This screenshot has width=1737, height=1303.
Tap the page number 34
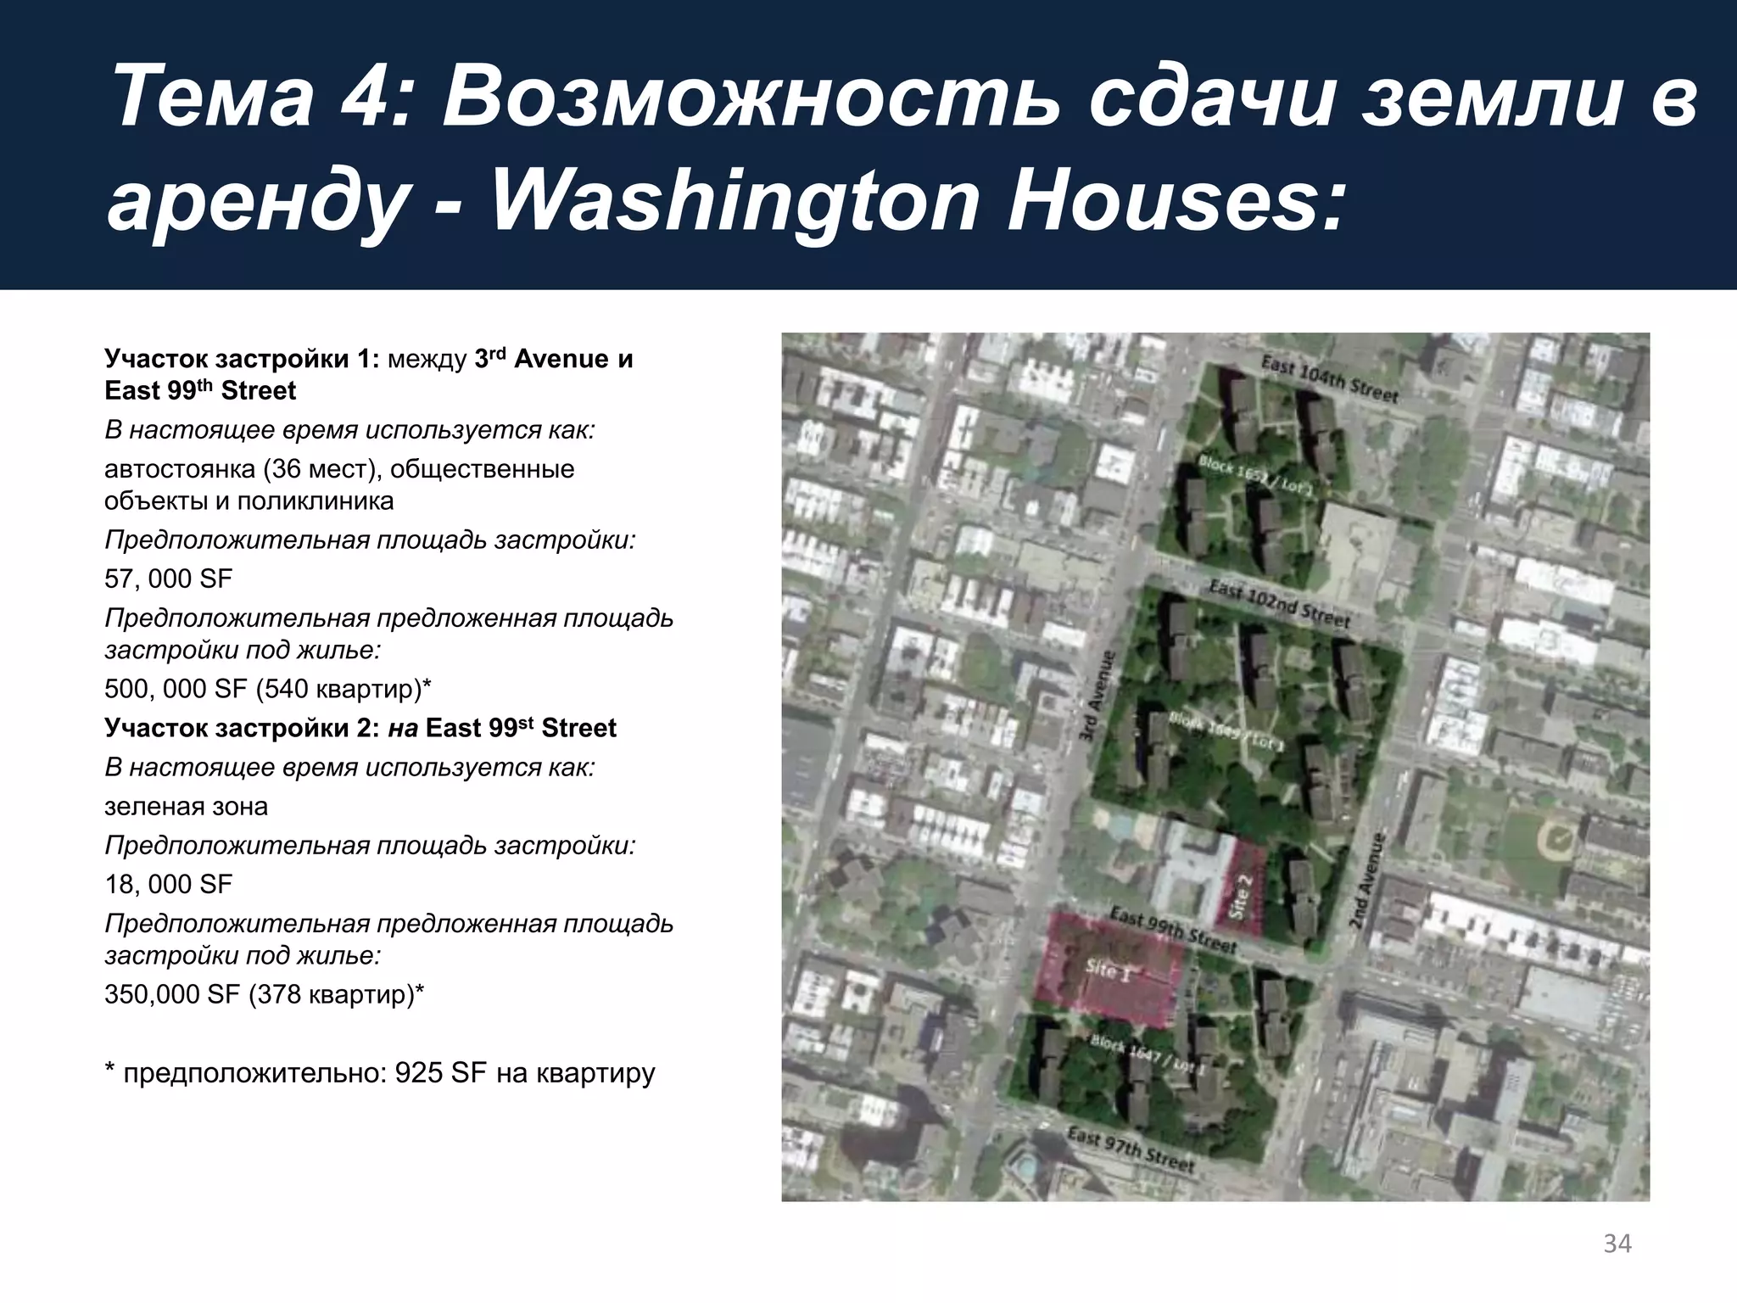(1617, 1244)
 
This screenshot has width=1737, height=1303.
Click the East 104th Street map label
(1328, 378)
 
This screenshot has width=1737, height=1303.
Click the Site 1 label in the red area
(1108, 971)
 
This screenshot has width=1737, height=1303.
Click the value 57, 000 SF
(168, 579)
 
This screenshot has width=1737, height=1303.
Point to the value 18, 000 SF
(168, 885)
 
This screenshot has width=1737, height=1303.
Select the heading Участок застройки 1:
(241, 359)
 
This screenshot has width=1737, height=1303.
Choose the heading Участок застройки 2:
(241, 728)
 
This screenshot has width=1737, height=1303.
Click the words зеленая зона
(186, 806)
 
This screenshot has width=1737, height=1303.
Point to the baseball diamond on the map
(1559, 838)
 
